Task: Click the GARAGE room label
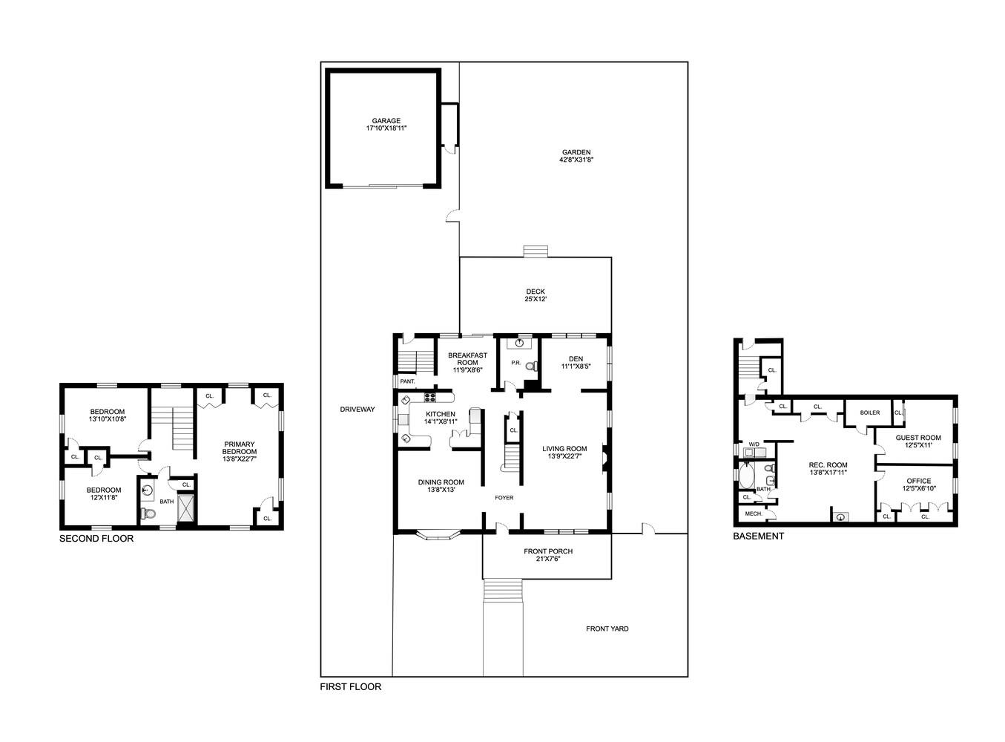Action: click(x=386, y=121)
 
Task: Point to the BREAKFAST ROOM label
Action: click(x=467, y=359)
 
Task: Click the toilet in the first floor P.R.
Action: click(x=530, y=366)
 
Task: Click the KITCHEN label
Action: click(x=440, y=414)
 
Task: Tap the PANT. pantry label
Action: click(x=407, y=381)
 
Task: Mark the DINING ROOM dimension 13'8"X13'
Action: click(x=441, y=490)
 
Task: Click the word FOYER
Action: click(x=504, y=498)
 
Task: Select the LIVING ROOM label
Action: click(x=564, y=448)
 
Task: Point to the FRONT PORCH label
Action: click(x=548, y=551)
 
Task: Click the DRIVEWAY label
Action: click(x=357, y=410)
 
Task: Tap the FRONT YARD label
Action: click(x=607, y=628)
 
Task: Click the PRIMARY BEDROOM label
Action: click(x=240, y=448)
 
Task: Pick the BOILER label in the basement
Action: click(x=870, y=413)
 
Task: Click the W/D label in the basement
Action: click(x=754, y=444)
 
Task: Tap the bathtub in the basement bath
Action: click(x=746, y=475)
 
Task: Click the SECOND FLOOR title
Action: click(x=96, y=539)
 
